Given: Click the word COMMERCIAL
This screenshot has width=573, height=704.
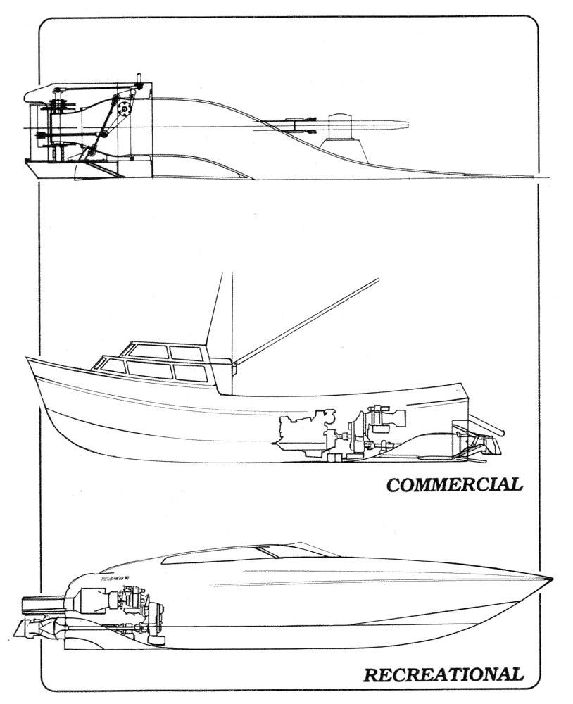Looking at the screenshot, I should click(453, 484).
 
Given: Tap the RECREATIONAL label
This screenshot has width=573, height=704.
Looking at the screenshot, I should click(443, 674).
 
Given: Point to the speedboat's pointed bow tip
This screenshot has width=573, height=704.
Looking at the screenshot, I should click(550, 579).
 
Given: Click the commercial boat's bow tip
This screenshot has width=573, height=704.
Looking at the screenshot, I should click(28, 359).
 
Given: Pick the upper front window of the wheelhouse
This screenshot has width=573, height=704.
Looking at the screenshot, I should click(149, 351).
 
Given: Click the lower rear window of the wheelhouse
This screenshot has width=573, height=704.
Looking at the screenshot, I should click(191, 372).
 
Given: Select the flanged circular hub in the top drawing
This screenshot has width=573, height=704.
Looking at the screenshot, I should click(126, 111).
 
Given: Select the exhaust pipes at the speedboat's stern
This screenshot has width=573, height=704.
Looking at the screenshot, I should click(42, 604).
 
